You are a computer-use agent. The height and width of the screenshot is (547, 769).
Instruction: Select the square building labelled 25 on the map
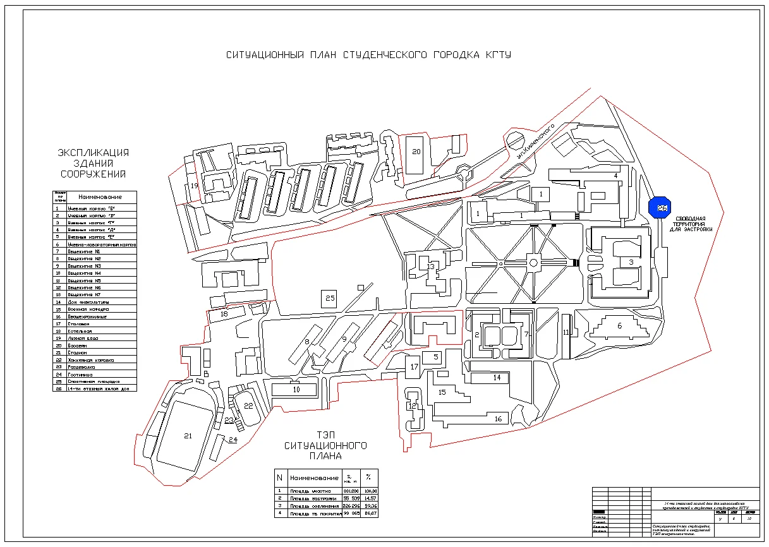click(x=330, y=298)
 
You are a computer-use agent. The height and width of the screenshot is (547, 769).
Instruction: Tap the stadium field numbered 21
click(x=187, y=435)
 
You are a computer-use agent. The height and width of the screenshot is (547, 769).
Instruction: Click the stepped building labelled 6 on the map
click(x=619, y=327)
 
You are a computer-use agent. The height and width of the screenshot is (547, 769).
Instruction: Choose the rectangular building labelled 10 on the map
click(x=295, y=390)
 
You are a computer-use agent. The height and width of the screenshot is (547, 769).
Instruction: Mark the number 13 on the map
click(x=431, y=267)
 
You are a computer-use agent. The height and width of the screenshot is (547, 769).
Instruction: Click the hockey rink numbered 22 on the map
click(x=248, y=406)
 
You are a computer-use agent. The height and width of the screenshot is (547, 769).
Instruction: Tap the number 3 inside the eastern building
click(x=631, y=261)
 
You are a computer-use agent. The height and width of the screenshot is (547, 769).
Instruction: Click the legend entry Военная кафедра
click(x=88, y=310)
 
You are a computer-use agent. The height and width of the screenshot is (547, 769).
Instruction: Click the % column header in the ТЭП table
click(x=368, y=478)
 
